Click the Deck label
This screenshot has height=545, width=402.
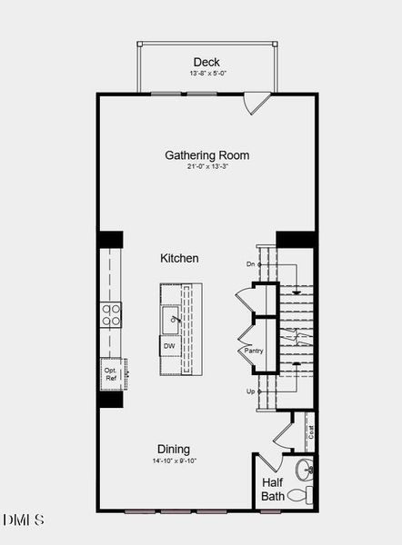(206, 62)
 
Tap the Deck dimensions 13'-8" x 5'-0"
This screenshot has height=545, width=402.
(206, 74)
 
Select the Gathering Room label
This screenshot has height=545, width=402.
(206, 155)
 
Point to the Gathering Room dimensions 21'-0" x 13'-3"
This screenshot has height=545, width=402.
(206, 167)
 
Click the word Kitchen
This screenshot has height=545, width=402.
(179, 259)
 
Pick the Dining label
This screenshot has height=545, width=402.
(174, 449)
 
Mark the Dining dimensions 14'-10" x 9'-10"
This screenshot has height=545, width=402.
(174, 461)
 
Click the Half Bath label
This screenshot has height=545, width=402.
(273, 490)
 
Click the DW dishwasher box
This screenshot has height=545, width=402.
(170, 346)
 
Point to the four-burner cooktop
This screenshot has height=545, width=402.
(111, 314)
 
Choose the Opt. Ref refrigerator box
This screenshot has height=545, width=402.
(111, 372)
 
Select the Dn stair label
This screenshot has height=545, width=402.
(250, 264)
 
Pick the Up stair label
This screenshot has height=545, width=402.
(250, 391)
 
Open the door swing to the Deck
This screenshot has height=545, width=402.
(257, 102)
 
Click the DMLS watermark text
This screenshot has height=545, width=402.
(24, 520)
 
